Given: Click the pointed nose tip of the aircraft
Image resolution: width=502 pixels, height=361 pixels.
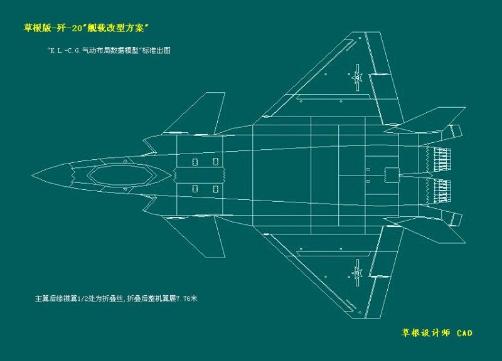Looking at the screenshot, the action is point(33,174).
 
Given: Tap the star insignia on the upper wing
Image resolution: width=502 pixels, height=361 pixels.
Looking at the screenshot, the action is point(357,78).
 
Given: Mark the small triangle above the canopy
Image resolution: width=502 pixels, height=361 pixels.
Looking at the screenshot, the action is point(125,161).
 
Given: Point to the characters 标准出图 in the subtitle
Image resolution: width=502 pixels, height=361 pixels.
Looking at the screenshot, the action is point(158,51).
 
